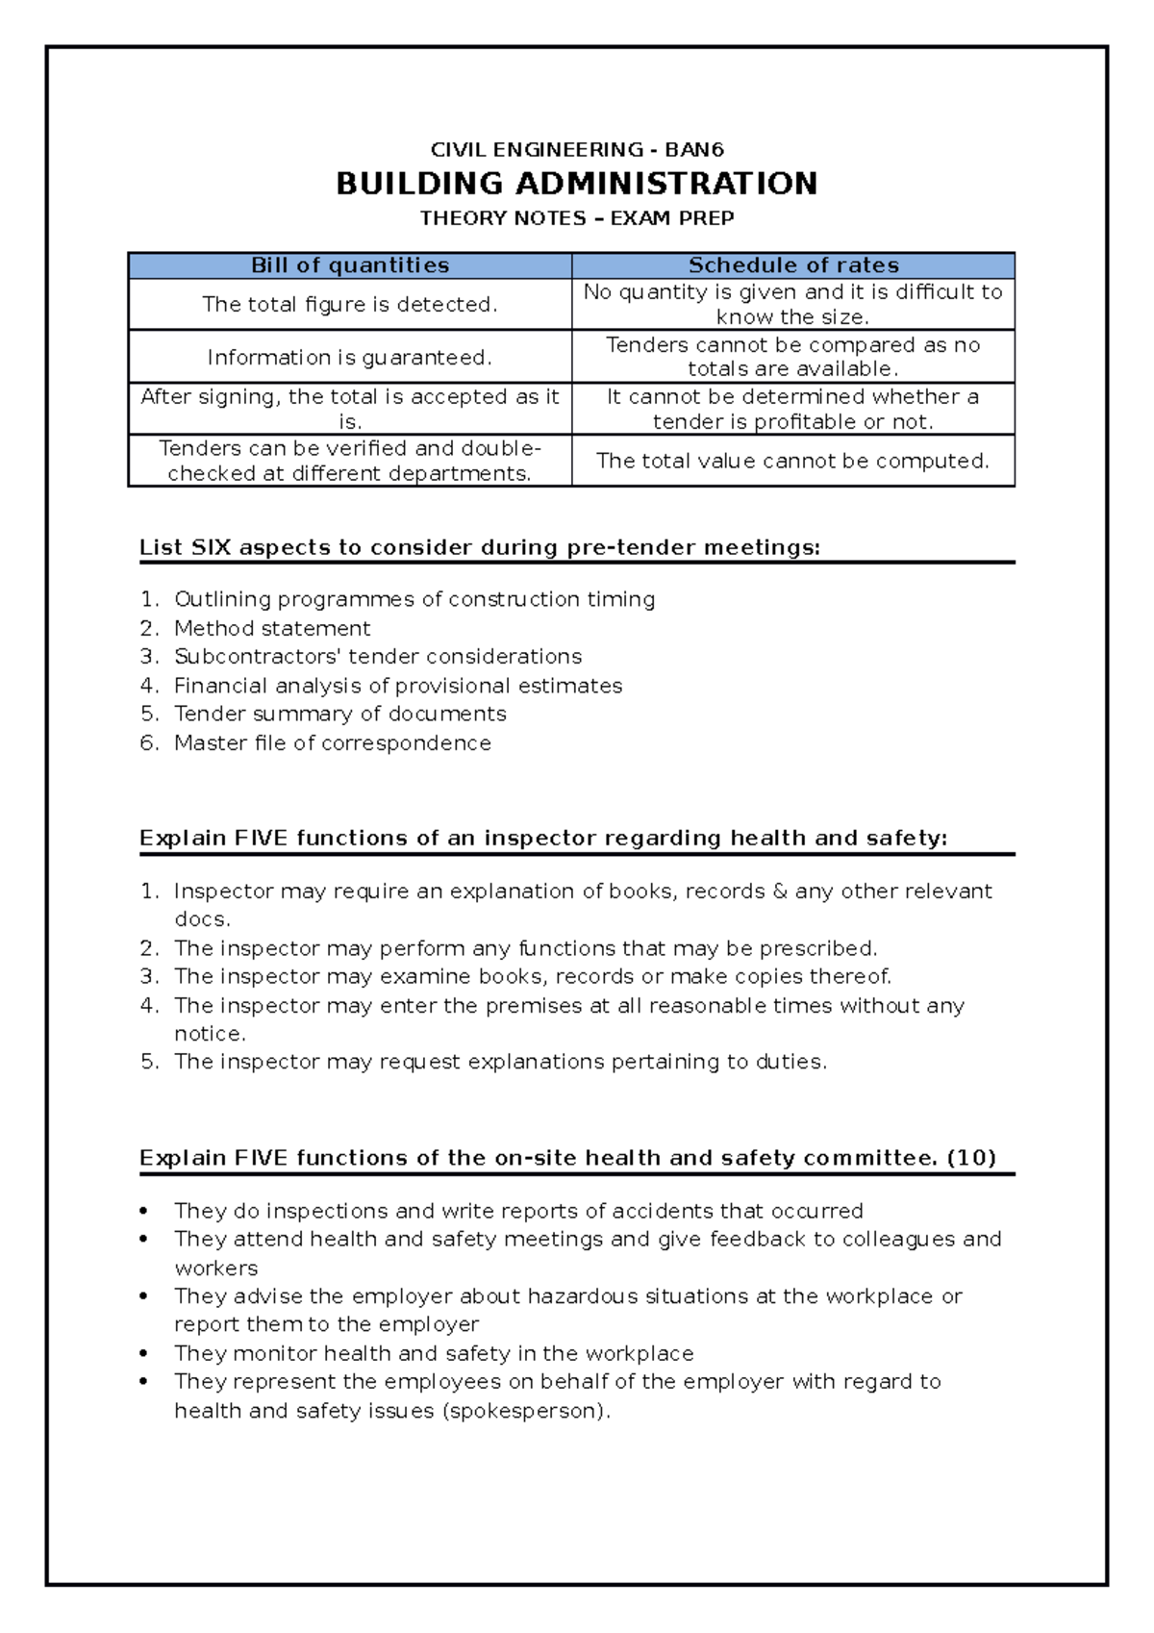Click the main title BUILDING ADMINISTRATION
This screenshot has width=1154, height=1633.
576,184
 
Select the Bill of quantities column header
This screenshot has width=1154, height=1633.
350,265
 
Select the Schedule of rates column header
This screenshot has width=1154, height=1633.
793,265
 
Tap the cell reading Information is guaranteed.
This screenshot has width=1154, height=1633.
349,358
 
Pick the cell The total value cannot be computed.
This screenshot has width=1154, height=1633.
792,461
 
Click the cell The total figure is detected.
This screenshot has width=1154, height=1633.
349,305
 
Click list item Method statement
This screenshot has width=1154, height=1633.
272,629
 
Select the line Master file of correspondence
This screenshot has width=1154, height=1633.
332,743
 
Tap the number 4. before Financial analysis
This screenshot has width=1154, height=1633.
149,686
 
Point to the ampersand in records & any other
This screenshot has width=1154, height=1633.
779,892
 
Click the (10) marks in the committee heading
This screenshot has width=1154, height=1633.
970,1158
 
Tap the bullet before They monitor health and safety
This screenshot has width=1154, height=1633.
144,1353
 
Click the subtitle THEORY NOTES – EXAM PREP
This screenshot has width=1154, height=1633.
576,218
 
